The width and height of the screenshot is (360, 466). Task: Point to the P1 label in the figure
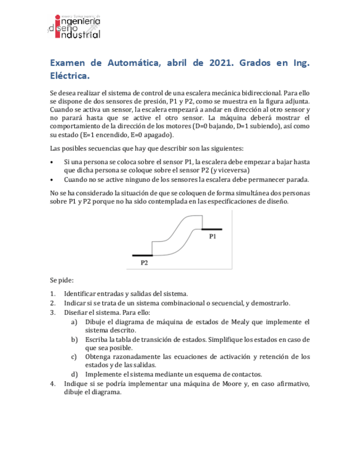[212, 236]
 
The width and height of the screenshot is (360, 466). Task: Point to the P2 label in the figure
[145, 263]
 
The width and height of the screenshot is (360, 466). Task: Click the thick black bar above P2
[142, 256]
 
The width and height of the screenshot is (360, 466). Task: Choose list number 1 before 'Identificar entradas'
[52, 293]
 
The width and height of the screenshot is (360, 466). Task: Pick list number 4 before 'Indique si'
[52, 384]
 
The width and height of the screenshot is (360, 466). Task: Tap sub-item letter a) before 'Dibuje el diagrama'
[74, 321]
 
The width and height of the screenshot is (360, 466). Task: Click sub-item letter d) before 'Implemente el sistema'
[74, 374]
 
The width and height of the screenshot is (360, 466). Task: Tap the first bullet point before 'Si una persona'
[52, 162]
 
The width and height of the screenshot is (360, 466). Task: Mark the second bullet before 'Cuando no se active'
[52, 180]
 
